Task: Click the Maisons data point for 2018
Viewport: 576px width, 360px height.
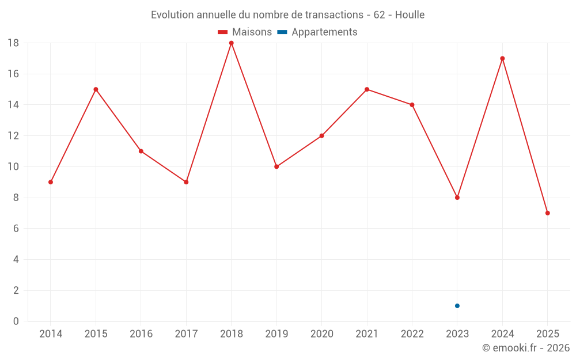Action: point(232,43)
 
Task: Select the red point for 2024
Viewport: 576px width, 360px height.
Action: point(502,59)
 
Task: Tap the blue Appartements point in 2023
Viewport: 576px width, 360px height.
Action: point(457,306)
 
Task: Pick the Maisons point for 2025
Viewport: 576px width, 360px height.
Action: point(548,213)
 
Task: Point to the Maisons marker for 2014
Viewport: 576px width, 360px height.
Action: point(51,182)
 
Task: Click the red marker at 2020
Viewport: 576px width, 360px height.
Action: point(322,136)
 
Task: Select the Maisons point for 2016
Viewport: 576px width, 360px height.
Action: point(141,151)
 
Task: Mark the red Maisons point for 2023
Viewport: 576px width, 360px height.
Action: point(457,198)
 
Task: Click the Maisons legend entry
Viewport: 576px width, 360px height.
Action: point(245,32)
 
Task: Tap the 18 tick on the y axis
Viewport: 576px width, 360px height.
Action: point(13,43)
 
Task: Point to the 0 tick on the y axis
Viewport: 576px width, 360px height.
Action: point(16,321)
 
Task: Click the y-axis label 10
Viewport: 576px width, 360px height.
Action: point(13,167)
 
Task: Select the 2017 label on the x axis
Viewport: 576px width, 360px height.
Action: point(186,334)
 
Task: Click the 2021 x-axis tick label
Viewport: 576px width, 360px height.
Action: point(367,334)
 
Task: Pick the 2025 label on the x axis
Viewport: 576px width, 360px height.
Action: point(548,334)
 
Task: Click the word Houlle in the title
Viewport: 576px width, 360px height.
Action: point(410,15)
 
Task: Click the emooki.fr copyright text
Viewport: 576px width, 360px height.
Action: point(526,348)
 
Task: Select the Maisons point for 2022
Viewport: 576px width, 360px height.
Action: point(412,105)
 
